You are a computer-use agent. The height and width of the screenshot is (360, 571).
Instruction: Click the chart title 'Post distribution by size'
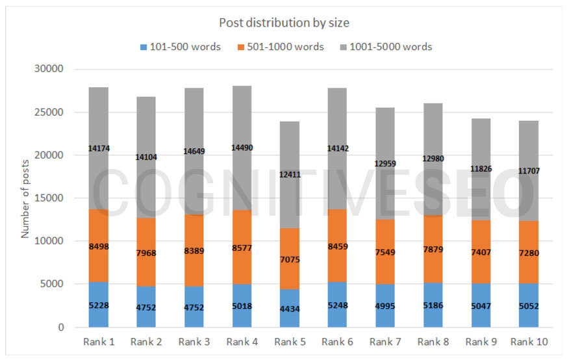(284, 23)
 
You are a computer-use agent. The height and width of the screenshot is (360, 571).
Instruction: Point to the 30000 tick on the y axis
(49, 70)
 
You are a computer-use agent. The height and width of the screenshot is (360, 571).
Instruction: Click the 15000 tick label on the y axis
(49, 198)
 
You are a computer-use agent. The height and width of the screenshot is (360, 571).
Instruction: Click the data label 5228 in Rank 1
(99, 305)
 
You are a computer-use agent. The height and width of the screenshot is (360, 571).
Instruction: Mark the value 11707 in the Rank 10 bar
(530, 171)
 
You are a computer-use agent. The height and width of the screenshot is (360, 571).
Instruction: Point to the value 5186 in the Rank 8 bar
(434, 305)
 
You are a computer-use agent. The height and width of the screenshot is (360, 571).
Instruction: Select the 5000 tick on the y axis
(52, 284)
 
